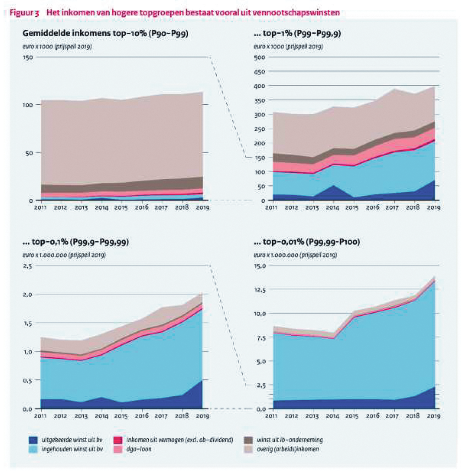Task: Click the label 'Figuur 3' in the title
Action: click(x=24, y=13)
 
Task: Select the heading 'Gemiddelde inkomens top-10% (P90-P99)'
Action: click(x=105, y=33)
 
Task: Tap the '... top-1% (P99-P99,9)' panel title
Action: click(x=297, y=33)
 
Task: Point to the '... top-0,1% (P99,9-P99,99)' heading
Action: click(x=75, y=242)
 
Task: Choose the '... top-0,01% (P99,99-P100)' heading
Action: click(x=307, y=242)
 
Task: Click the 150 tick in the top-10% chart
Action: click(x=28, y=57)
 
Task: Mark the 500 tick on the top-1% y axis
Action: click(x=259, y=57)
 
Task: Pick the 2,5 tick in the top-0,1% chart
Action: click(x=27, y=266)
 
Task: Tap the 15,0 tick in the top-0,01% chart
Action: click(x=259, y=266)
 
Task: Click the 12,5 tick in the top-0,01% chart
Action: click(x=259, y=290)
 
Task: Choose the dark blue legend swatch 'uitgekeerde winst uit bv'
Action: click(x=33, y=440)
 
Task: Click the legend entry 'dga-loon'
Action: click(x=139, y=449)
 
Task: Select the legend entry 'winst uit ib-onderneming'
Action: click(x=290, y=440)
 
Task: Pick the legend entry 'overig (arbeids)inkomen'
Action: click(x=287, y=449)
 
